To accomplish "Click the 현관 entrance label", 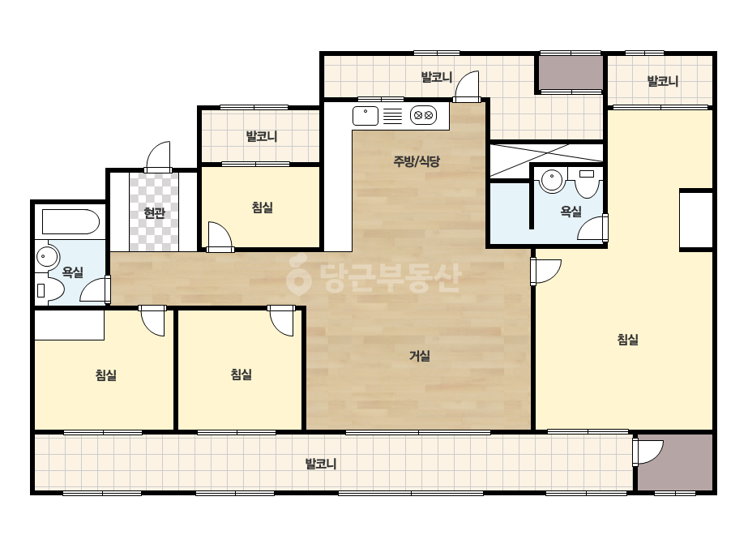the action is [x=154, y=212].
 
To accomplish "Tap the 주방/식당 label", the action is [x=417, y=161].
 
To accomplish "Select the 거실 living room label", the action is [x=420, y=356].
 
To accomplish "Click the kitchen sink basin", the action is [x=365, y=116].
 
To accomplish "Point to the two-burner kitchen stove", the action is [x=423, y=116].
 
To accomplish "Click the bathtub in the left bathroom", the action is [x=71, y=221].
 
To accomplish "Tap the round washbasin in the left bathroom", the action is [x=47, y=258].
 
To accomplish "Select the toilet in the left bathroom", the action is [x=50, y=289].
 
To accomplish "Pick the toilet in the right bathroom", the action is [x=587, y=182].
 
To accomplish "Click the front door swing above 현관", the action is [x=158, y=156].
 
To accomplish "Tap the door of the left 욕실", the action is [x=96, y=289].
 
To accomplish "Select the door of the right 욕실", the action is [x=593, y=228].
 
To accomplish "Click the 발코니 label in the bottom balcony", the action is [x=321, y=464].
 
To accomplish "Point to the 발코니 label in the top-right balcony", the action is [x=663, y=81].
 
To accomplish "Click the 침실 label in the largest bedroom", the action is [x=628, y=340].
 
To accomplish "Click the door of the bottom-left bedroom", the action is [x=152, y=321].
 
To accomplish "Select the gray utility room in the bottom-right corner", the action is [x=676, y=462].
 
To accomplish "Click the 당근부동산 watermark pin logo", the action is [x=298, y=275].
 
